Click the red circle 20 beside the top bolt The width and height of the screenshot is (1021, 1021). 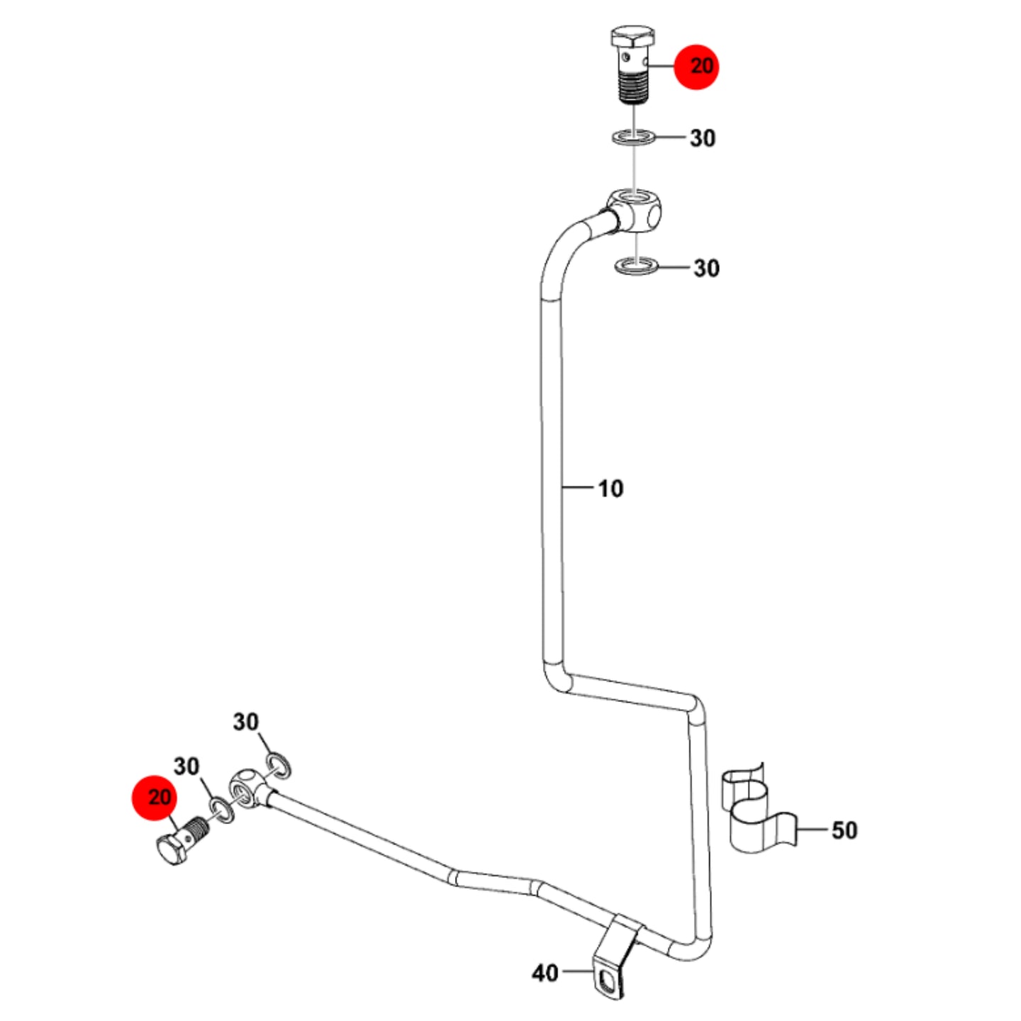point(696,67)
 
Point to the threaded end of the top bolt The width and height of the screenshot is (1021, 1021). point(633,88)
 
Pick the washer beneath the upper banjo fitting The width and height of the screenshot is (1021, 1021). point(637,265)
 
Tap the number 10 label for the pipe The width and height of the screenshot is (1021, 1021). point(610,489)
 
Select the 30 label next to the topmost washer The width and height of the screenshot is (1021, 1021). point(703,138)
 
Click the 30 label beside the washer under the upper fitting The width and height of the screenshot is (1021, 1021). point(707,269)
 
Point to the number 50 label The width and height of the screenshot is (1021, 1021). point(844,830)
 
